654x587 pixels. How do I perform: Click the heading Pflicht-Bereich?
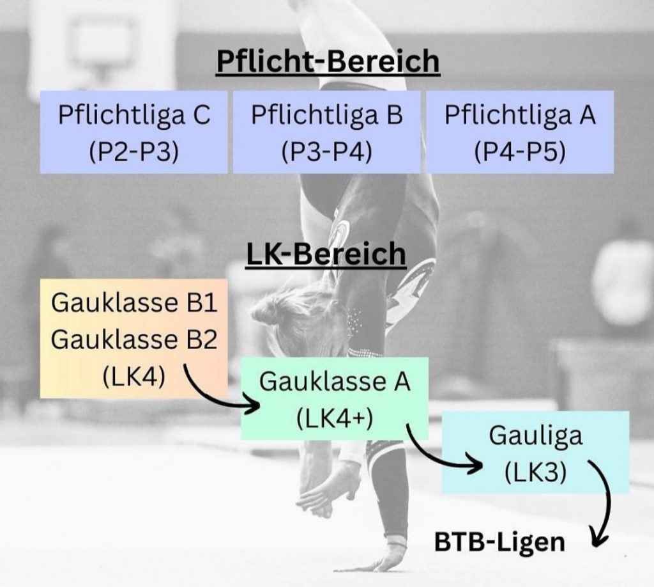coord(328,62)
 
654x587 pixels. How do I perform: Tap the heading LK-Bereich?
coord(326,254)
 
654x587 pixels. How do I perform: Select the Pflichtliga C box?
coord(133,132)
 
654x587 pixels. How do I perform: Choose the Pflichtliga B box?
coord(326,132)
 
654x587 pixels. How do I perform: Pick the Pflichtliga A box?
coord(520,132)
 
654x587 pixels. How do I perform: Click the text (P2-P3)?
coord(133,153)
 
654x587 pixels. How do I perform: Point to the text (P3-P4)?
coord(326,153)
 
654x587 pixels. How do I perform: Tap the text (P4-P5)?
coord(520,153)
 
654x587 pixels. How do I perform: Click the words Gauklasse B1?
coord(133,302)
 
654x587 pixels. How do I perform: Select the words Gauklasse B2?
coord(133,340)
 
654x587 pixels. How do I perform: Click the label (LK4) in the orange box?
coord(133,376)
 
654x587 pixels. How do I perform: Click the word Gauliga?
coord(535,435)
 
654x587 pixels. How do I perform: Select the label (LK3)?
coord(535,473)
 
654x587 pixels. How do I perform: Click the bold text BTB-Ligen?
coord(499,542)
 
